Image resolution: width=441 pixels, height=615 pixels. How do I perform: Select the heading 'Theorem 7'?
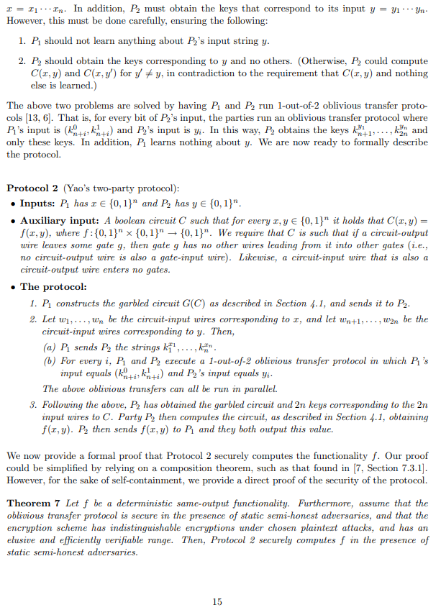(x=30, y=504)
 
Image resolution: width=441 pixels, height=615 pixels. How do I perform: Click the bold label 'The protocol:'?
(x=50, y=286)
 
